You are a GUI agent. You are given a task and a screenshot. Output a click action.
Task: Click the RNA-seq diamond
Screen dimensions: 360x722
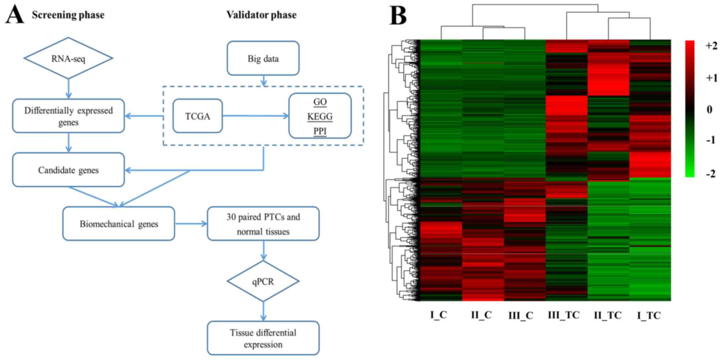68,58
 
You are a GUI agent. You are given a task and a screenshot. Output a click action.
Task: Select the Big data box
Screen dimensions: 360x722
263,58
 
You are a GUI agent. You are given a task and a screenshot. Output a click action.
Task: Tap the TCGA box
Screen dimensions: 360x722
198,116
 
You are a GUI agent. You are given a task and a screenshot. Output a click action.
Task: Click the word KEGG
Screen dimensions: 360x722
320,117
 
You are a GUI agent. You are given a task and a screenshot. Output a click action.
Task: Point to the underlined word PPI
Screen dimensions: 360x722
320,131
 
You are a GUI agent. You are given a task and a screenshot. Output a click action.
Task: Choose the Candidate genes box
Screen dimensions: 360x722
68,170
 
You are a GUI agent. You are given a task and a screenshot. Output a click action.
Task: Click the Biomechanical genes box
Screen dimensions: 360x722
119,224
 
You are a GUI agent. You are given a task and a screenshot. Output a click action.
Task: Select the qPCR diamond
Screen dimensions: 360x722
263,282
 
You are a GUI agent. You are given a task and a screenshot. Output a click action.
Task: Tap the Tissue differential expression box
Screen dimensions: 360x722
263,338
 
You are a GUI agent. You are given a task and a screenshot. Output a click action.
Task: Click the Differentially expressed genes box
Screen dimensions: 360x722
68,116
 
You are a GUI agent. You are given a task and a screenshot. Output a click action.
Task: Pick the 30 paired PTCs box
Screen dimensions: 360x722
263,224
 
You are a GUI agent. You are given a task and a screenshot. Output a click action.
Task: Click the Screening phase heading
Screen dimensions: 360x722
68,15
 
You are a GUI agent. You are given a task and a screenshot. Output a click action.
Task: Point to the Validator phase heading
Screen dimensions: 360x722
261,15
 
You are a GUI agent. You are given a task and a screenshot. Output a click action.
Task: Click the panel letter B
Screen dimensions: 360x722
398,16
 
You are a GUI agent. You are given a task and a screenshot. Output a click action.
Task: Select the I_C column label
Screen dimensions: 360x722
438,315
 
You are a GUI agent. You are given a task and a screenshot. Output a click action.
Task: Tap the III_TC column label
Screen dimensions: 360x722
563,315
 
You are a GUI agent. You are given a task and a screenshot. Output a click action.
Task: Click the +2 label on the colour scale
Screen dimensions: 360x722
711,46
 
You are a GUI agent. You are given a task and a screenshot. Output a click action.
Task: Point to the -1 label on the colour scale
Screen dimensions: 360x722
711,140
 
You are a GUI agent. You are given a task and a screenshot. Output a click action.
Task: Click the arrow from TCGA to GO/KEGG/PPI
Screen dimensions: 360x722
255,116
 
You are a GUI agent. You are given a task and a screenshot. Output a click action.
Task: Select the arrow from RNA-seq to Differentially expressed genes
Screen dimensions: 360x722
68,89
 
